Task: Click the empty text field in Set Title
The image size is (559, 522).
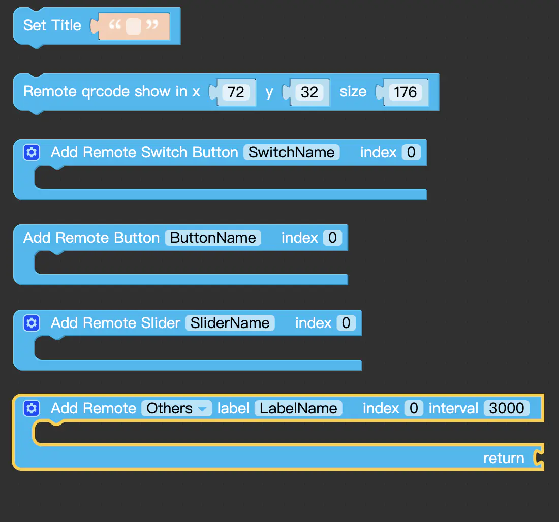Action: tap(134, 26)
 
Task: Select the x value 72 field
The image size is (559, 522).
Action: tap(236, 92)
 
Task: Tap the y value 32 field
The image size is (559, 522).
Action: tap(309, 92)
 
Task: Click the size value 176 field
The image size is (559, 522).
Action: tap(406, 92)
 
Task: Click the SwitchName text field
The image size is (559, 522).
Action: tap(291, 152)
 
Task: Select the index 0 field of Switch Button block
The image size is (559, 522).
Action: tap(411, 152)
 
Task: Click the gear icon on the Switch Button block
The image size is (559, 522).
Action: tap(32, 152)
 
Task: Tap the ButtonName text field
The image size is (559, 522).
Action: tap(213, 238)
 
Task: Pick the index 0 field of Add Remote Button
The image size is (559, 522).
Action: tap(333, 238)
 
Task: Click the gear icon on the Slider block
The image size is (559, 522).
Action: tap(32, 323)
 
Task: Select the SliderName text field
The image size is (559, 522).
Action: tap(230, 323)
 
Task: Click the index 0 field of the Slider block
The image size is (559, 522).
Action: tap(346, 323)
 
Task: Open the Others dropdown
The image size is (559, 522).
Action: tap(176, 408)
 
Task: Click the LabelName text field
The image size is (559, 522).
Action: tap(298, 408)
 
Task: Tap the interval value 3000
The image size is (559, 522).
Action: tap(507, 408)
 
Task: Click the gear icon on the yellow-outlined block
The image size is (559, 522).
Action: tap(32, 408)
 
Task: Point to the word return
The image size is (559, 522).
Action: tap(504, 458)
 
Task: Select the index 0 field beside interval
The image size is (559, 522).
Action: tap(414, 408)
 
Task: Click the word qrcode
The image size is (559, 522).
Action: tap(106, 92)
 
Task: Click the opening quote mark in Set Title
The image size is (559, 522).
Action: tap(115, 24)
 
